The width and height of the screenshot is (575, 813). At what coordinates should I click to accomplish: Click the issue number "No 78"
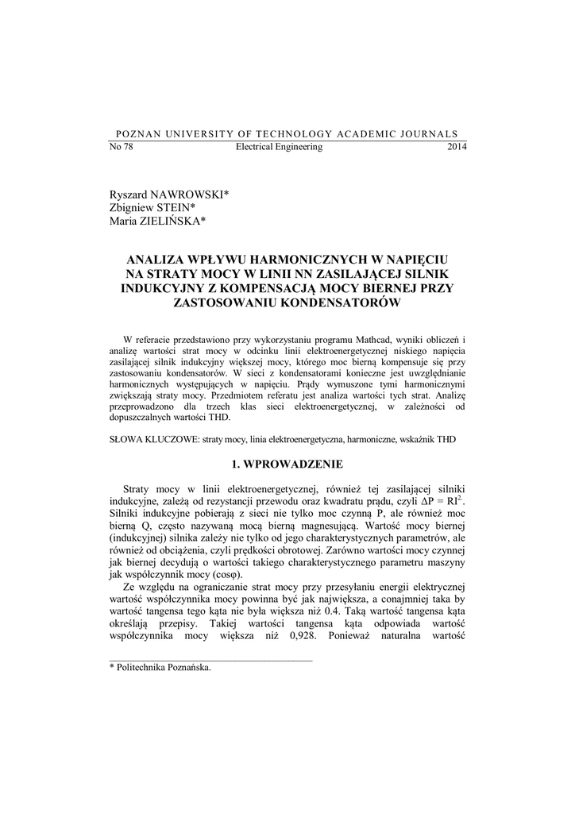[121, 147]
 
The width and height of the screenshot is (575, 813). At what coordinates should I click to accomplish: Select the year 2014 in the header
[457, 147]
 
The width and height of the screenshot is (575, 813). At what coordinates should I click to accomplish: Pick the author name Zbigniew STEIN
[152, 209]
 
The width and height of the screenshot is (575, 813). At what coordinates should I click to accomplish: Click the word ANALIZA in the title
[159, 260]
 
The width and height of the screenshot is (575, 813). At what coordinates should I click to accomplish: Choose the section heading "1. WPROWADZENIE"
[287, 464]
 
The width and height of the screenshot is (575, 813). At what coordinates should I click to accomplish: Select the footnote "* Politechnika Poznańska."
[160, 668]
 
